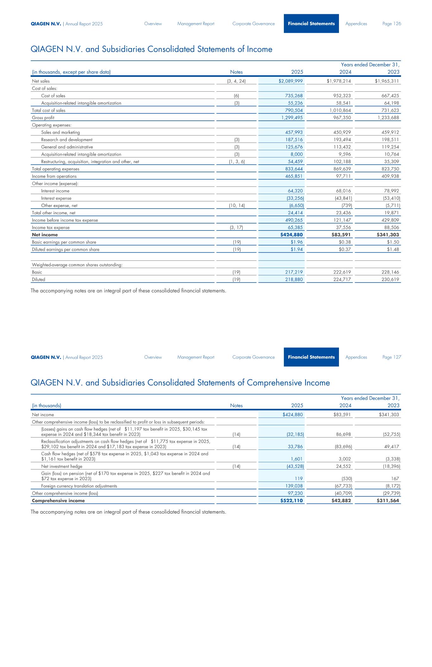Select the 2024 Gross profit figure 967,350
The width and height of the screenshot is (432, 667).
(341, 118)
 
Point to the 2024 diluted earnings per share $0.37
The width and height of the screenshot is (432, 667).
(345, 249)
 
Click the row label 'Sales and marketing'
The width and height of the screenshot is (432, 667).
(60, 132)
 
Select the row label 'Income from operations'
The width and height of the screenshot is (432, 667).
(54, 176)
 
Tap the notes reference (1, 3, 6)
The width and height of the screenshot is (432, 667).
(237, 162)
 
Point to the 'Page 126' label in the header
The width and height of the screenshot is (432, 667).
(392, 24)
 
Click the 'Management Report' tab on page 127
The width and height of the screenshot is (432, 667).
(196, 357)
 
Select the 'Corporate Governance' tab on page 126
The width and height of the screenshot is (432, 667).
(254, 24)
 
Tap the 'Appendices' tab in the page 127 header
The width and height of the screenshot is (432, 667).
(356, 357)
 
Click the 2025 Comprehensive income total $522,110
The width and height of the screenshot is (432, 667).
(291, 501)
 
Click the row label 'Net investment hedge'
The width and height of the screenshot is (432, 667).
(62, 466)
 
